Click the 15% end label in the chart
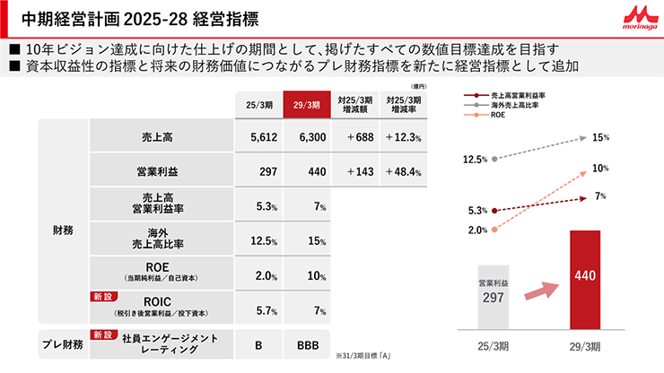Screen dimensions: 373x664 (600, 138)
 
